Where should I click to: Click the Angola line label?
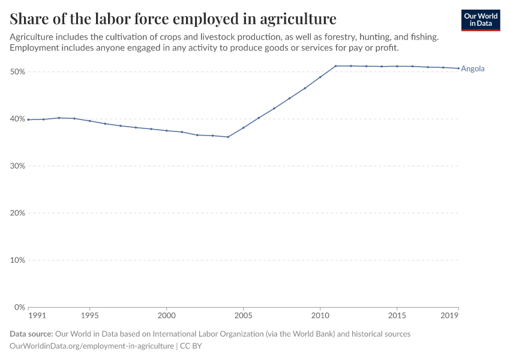[473, 68]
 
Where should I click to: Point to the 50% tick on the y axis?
[17, 71]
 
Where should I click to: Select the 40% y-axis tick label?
[17, 119]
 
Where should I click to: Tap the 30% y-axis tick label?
[17, 166]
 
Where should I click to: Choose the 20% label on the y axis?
[17, 213]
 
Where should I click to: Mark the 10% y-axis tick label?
[17, 260]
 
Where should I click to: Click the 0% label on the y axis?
[19, 307]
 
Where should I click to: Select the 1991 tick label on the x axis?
[37, 315]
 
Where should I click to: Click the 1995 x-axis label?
[89, 315]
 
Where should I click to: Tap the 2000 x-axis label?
[166, 315]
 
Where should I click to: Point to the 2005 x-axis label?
[243, 315]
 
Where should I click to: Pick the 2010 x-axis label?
[320, 315]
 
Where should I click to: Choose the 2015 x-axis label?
[397, 315]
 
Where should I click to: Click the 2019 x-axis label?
[450, 315]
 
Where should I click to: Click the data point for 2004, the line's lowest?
[228, 137]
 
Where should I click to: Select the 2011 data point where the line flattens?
[335, 66]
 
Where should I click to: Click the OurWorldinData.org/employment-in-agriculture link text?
[92, 346]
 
